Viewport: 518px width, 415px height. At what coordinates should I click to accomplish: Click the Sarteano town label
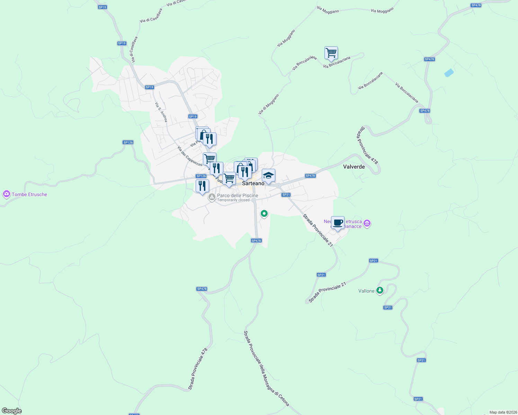pyautogui.click(x=253, y=183)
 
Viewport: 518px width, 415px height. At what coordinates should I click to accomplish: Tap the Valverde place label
pyautogui.click(x=354, y=167)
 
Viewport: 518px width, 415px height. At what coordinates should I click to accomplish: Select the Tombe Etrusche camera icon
pyautogui.click(x=6, y=194)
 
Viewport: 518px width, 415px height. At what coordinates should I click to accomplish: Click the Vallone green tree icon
pyautogui.click(x=380, y=290)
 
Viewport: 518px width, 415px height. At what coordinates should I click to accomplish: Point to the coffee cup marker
pyautogui.click(x=338, y=223)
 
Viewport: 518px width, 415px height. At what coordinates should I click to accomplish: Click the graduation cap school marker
pyautogui.click(x=268, y=176)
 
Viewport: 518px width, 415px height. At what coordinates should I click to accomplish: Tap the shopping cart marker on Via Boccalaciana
pyautogui.click(x=331, y=53)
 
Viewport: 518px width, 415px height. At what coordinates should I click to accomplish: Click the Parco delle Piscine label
pyautogui.click(x=238, y=195)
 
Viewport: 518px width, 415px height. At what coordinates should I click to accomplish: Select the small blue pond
pyautogui.click(x=449, y=73)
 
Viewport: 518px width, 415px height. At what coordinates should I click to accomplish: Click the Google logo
pyautogui.click(x=12, y=411)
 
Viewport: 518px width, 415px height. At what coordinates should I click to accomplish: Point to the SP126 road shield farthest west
pyautogui.click(x=128, y=142)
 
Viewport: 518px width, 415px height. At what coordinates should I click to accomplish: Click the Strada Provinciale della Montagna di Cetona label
pyautogui.click(x=266, y=369)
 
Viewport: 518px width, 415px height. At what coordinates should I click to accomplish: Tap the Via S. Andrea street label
pyautogui.click(x=161, y=112)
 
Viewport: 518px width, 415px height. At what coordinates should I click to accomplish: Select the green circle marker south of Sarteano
pyautogui.click(x=264, y=214)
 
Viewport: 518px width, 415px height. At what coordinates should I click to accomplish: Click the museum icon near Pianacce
pyautogui.click(x=367, y=223)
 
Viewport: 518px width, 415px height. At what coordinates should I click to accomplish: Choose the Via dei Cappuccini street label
pyautogui.click(x=189, y=156)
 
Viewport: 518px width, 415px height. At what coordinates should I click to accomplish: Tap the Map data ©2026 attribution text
pyautogui.click(x=503, y=412)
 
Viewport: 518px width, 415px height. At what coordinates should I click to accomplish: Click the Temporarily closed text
pyautogui.click(x=233, y=200)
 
